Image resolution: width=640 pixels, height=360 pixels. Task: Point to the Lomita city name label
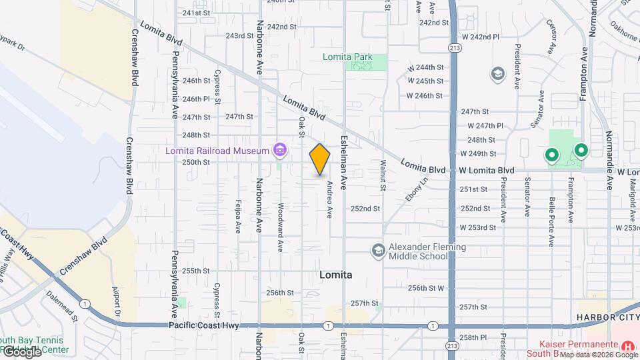click(x=336, y=275)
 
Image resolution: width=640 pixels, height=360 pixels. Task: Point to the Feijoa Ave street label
click(x=237, y=217)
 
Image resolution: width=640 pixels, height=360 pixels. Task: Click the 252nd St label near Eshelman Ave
click(x=365, y=209)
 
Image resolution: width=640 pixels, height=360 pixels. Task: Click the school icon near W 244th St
click(x=497, y=73)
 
